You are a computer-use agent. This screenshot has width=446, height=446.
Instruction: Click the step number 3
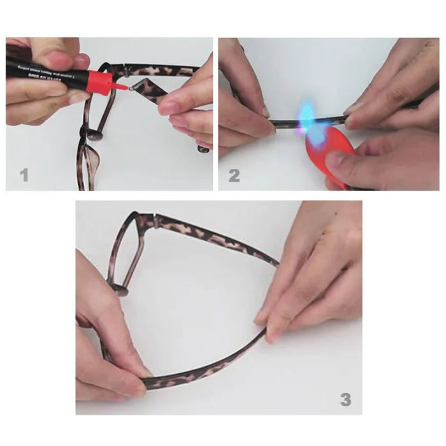coord(345,399)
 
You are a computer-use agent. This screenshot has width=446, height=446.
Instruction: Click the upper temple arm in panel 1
coord(159,69)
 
